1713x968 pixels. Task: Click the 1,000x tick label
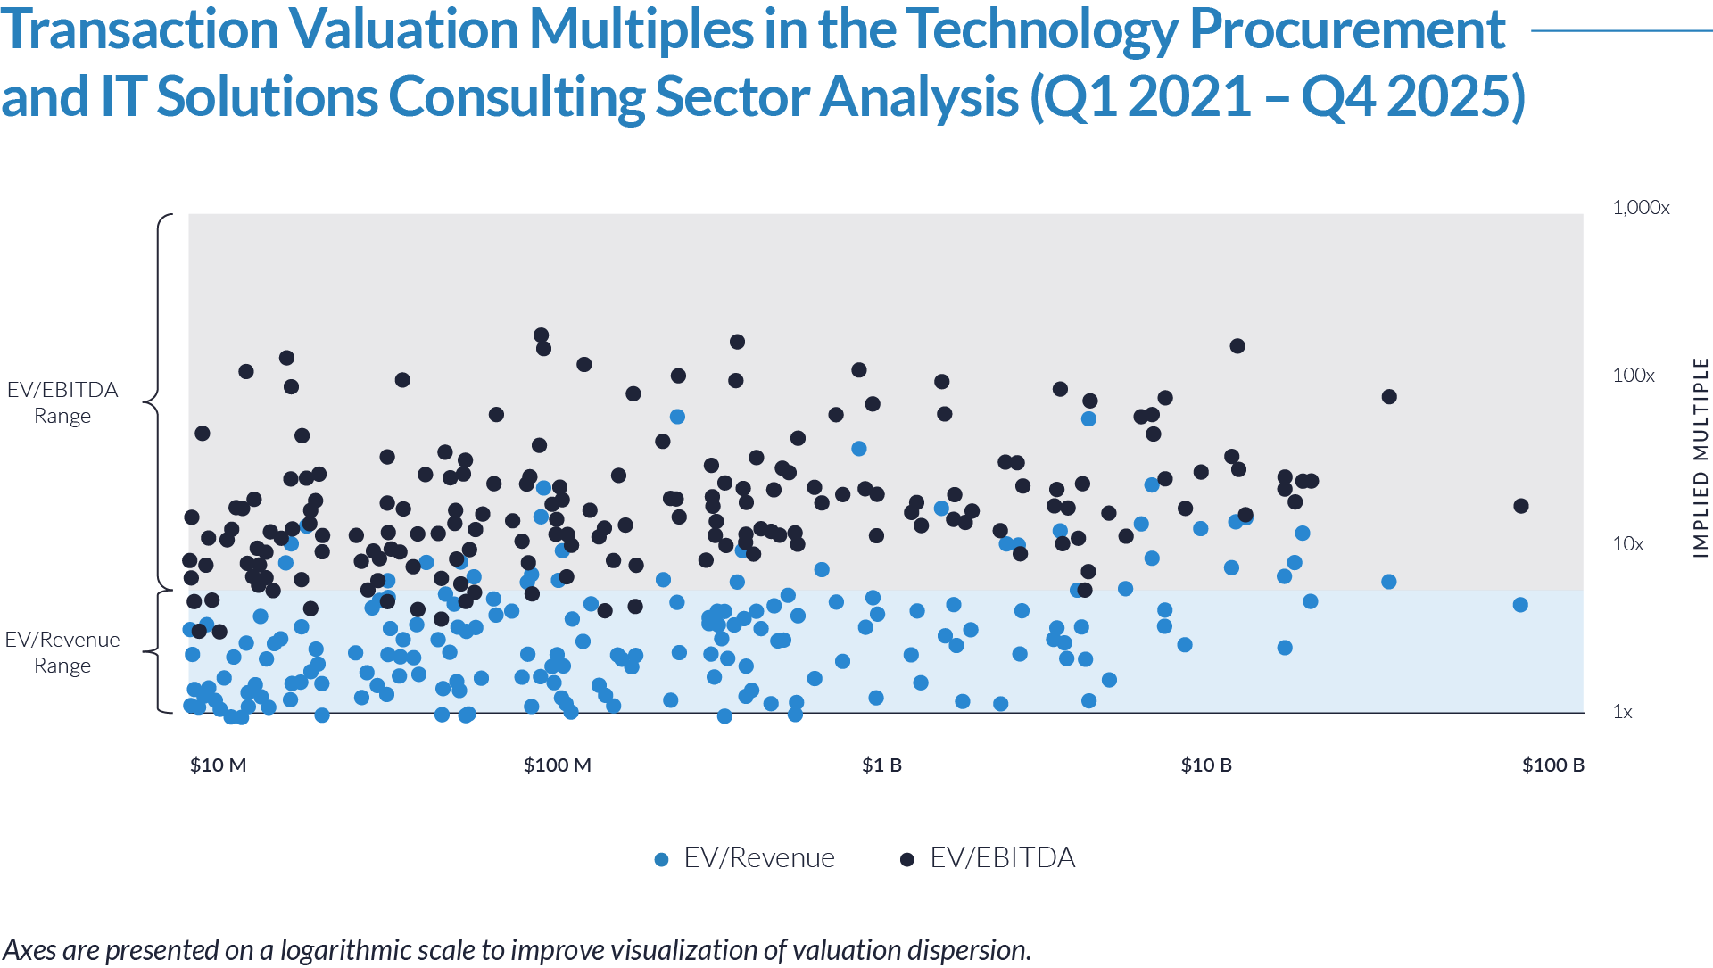[x=1640, y=208]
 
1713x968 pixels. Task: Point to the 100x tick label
[x=1633, y=376]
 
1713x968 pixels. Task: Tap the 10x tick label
[x=1627, y=544]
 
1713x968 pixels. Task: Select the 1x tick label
[x=1622, y=712]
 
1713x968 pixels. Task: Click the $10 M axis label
[x=218, y=765]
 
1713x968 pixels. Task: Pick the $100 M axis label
[x=558, y=765]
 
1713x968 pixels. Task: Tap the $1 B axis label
[x=881, y=765]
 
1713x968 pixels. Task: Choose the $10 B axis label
[x=1206, y=765]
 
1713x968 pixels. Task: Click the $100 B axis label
[x=1553, y=765]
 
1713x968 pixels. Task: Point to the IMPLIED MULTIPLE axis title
[x=1701, y=458]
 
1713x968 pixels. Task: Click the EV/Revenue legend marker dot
[x=661, y=860]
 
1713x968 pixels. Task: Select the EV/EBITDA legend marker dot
[x=907, y=860]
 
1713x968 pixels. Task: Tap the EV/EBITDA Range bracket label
[x=62, y=402]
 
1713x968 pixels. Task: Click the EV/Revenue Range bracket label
[x=62, y=652]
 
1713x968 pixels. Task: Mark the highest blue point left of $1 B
[x=677, y=417]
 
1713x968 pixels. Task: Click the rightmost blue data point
[x=1389, y=582]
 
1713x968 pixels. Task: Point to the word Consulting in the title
[x=516, y=96]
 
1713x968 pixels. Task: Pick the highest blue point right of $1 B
[x=1088, y=419]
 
